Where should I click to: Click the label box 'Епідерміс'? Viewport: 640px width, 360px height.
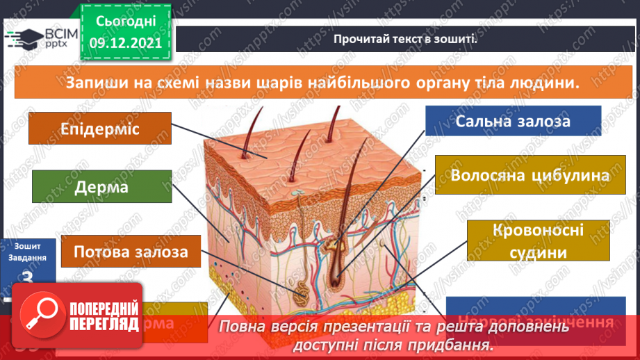[100, 130]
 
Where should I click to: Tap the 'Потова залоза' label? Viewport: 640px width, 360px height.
[131, 251]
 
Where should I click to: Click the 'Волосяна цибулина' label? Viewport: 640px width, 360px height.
[530, 174]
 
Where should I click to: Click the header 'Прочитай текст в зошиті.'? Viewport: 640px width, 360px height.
[405, 39]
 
